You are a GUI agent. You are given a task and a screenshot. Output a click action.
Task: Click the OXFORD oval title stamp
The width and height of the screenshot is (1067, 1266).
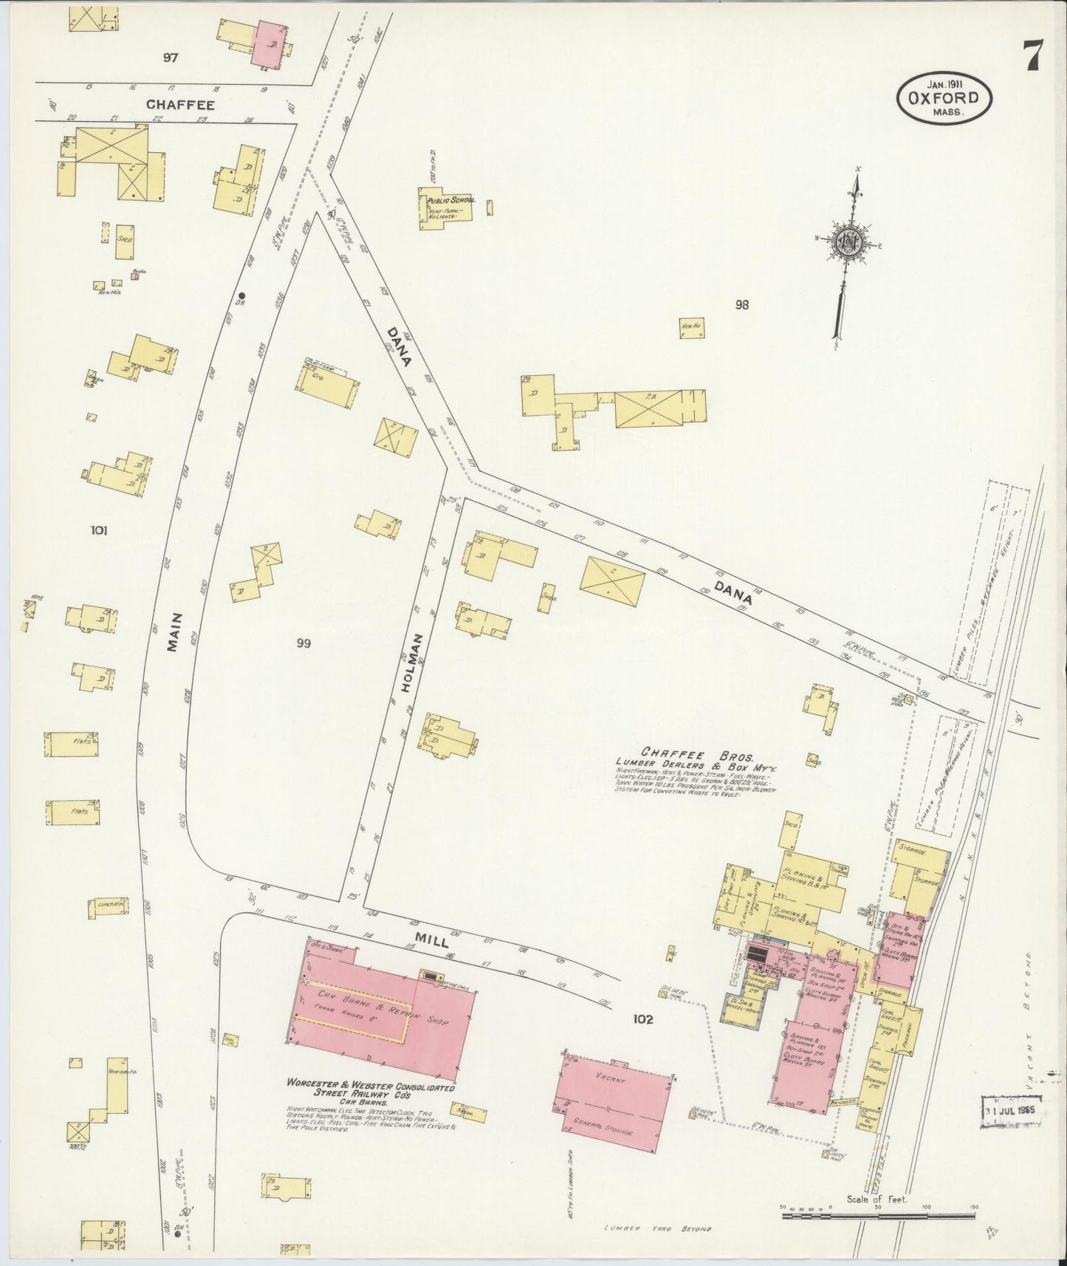[944, 99]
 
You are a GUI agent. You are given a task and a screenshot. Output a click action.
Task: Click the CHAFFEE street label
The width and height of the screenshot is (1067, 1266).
[180, 106]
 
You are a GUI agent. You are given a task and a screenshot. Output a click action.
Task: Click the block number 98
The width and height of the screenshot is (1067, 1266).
[741, 304]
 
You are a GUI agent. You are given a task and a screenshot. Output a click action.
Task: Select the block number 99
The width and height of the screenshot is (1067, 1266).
[303, 643]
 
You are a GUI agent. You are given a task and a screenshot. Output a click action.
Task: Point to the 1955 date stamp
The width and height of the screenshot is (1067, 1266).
[1009, 1109]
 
